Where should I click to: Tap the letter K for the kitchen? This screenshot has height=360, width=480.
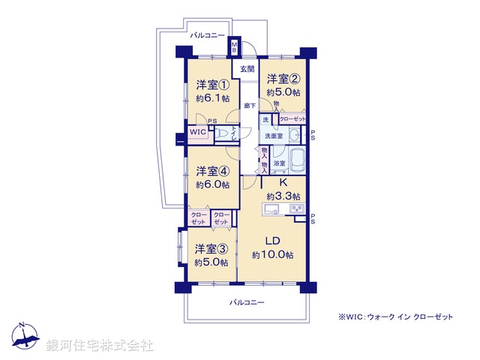tap(283, 182)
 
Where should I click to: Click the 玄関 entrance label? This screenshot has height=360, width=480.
tap(247, 69)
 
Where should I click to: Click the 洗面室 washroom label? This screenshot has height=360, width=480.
tap(272, 136)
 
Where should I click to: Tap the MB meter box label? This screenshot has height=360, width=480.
tap(234, 49)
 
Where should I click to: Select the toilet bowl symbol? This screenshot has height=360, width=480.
tap(223, 133)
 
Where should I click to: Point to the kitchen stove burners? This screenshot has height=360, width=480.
tap(295, 206)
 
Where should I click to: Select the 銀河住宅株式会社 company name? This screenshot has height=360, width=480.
tap(100, 345)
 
